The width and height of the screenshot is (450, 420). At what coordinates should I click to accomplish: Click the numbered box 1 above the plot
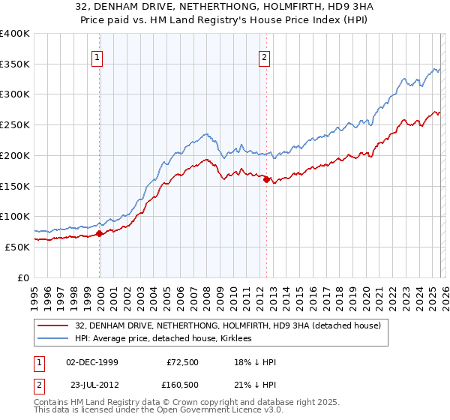pos(98,56)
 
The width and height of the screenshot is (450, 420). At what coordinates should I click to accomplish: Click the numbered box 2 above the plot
pos(265,56)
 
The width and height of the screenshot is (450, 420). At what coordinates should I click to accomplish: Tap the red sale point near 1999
pos(100,234)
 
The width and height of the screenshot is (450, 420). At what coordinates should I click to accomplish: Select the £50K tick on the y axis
pos(17,247)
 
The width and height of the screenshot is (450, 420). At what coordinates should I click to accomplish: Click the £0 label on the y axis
pos(25,277)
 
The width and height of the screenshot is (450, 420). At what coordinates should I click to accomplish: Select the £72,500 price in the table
pos(183,362)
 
